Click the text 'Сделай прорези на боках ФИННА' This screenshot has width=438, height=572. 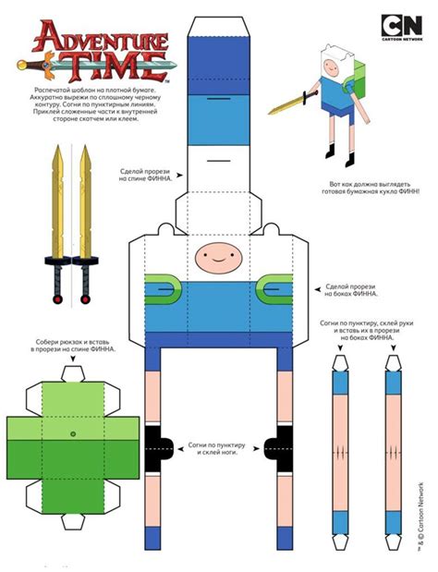[x=349, y=290]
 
